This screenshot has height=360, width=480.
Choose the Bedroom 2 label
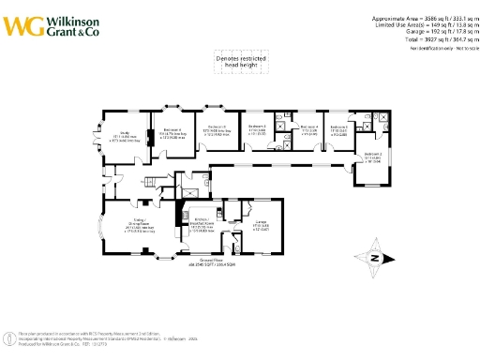tap(372, 157)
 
